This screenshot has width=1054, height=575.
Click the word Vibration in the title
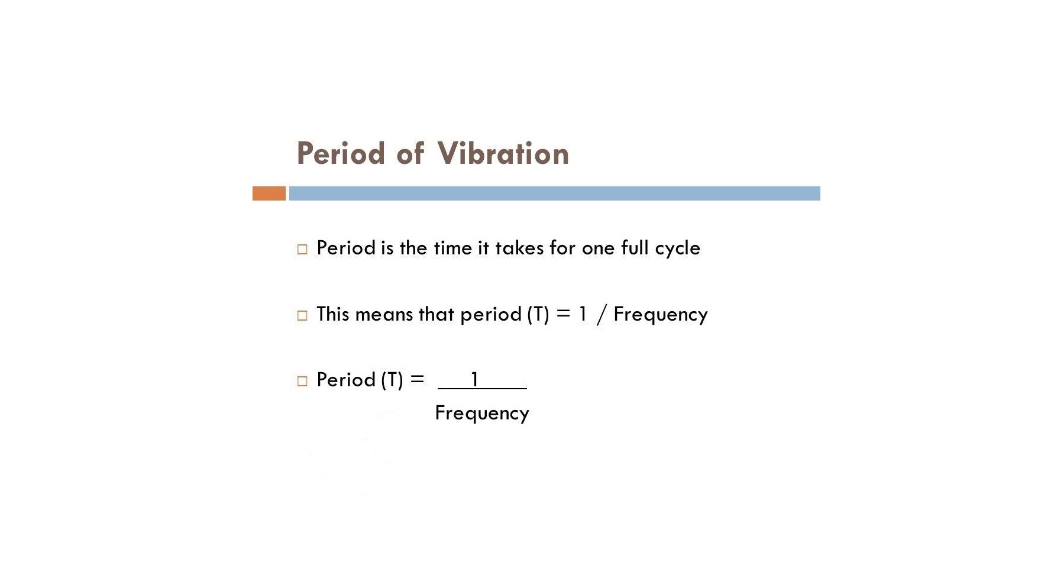click(x=503, y=153)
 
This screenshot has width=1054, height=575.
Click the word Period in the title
click(x=341, y=153)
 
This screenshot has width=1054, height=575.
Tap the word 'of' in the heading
click(x=410, y=153)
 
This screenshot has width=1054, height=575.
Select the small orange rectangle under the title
click(x=269, y=193)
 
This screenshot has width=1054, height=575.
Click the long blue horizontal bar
click(x=554, y=193)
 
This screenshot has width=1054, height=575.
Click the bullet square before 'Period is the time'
click(x=302, y=249)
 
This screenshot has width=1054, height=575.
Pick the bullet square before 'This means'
click(x=302, y=315)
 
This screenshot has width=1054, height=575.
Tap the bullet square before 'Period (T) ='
click(x=302, y=381)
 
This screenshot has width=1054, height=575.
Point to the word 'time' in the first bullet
click(x=452, y=248)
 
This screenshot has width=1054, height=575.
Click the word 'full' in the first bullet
click(x=635, y=247)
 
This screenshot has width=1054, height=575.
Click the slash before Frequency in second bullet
click(x=602, y=314)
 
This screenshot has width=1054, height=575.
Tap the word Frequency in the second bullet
click(x=661, y=315)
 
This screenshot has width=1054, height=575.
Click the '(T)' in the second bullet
click(x=538, y=314)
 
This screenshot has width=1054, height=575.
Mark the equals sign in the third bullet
click(x=418, y=379)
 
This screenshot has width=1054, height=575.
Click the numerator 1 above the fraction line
click(x=474, y=379)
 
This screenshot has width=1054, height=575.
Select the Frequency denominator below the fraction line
click(x=482, y=414)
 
